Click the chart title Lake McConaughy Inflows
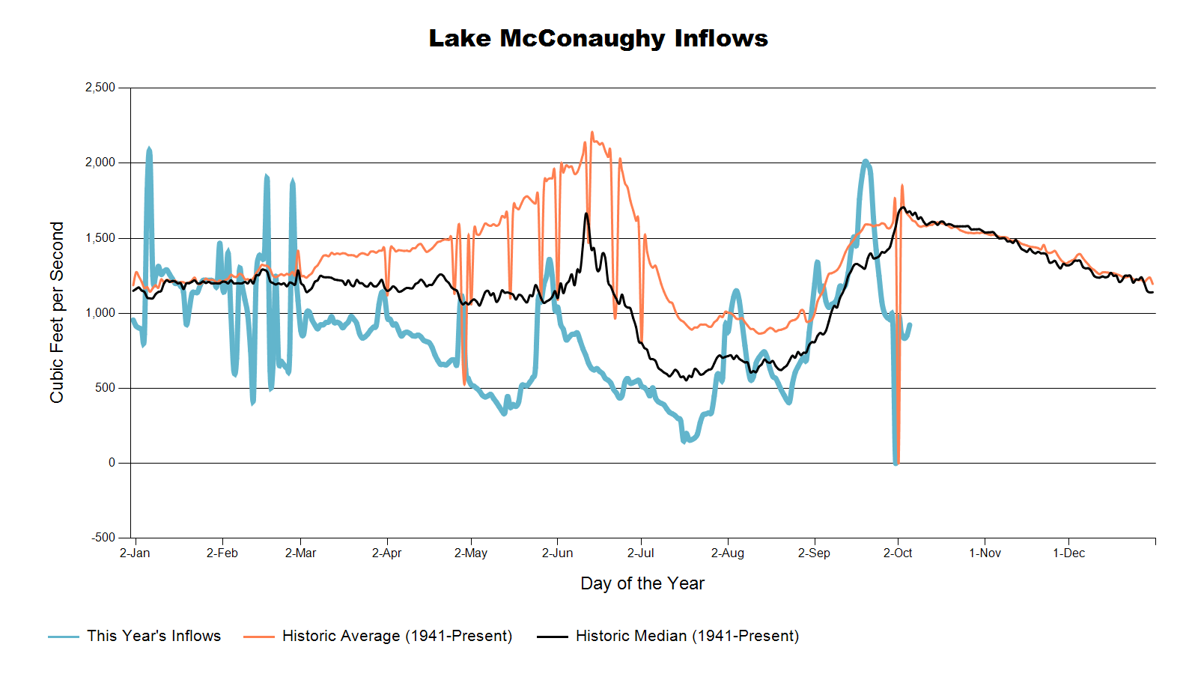pyautogui.click(x=598, y=39)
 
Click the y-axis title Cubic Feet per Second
pyautogui.click(x=57, y=312)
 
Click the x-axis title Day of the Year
pyautogui.click(x=642, y=583)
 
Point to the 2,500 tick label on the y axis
pyautogui.click(x=100, y=88)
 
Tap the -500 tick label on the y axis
pyautogui.click(x=103, y=538)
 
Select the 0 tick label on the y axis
pyautogui.click(x=112, y=463)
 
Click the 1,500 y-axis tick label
pyautogui.click(x=100, y=238)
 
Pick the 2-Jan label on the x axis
pyautogui.click(x=135, y=553)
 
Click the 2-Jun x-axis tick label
pyautogui.click(x=557, y=553)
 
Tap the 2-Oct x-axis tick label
pyautogui.click(x=898, y=553)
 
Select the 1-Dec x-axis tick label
pyautogui.click(x=1068, y=553)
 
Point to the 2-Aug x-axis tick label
pyautogui.click(x=728, y=553)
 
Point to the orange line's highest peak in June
pyautogui.click(x=592, y=133)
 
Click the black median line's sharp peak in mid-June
pyautogui.click(x=586, y=213)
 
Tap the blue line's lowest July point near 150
pyautogui.click(x=684, y=441)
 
